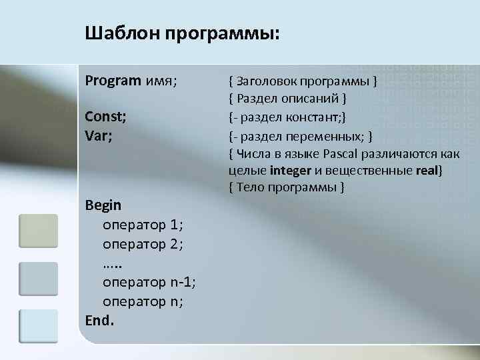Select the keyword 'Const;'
pyautogui.click(x=107, y=117)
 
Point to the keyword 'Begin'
pyautogui.click(x=103, y=204)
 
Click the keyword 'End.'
pyautogui.click(x=100, y=320)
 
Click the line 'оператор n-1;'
pyautogui.click(x=149, y=281)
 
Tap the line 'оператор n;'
pyautogui.click(x=143, y=301)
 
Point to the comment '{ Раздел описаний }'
pyautogui.click(x=287, y=99)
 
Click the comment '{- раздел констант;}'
pyautogui.click(x=287, y=117)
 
